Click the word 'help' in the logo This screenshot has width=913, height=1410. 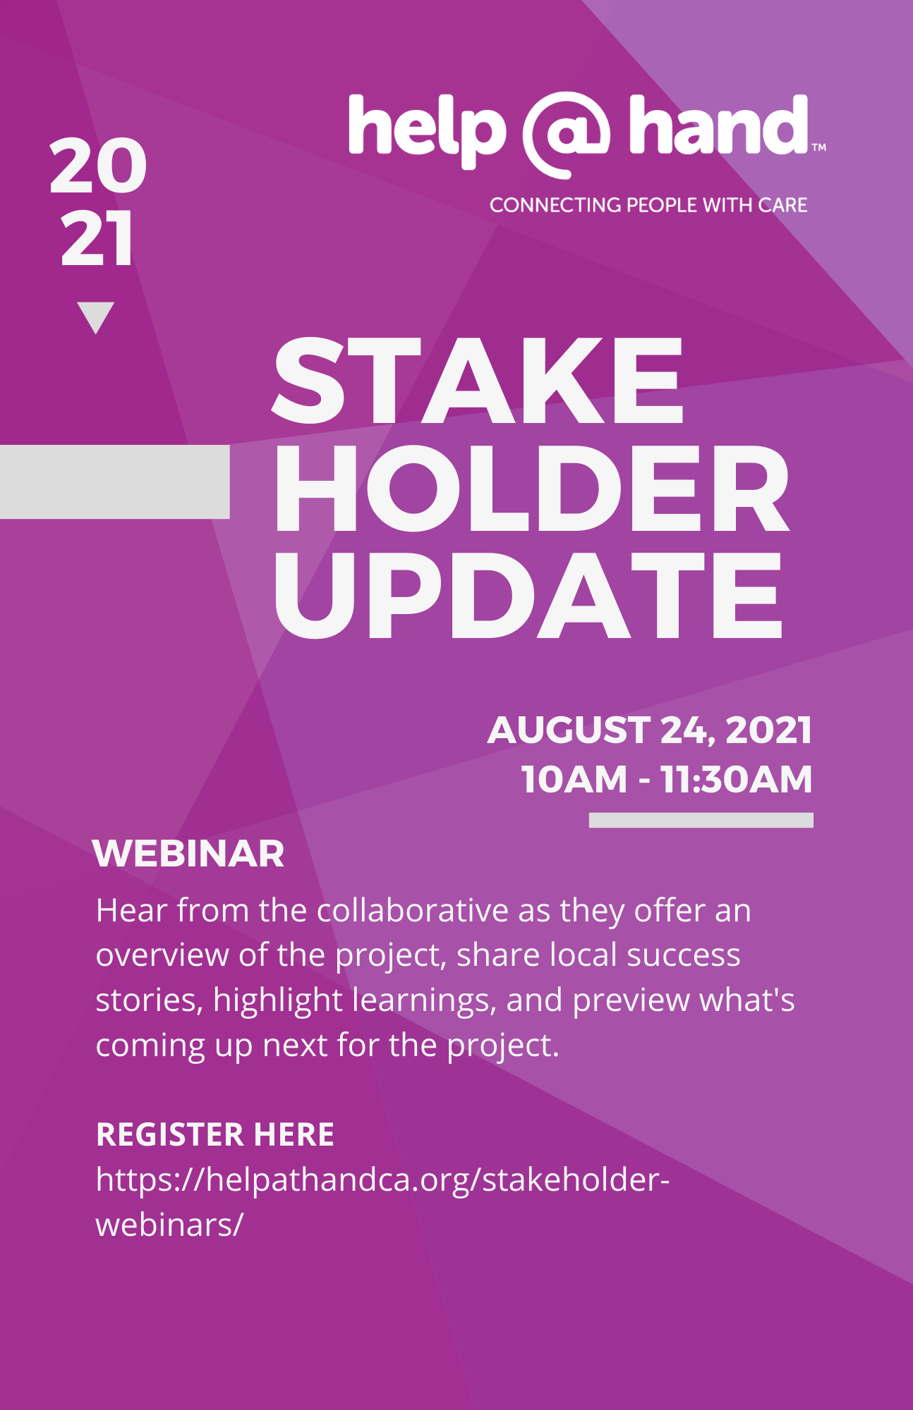(x=427, y=131)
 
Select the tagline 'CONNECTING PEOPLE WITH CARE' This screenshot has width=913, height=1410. (x=648, y=205)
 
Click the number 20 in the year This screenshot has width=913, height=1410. (x=98, y=166)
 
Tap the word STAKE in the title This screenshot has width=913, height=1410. (x=478, y=381)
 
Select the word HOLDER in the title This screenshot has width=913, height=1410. (x=531, y=488)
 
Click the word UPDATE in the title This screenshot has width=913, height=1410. (x=528, y=596)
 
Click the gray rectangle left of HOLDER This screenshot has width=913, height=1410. (x=115, y=482)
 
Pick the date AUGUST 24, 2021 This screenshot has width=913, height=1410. (x=649, y=730)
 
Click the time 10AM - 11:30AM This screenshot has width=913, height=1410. (x=667, y=779)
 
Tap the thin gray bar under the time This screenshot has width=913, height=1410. (x=701, y=820)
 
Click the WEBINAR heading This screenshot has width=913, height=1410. (x=188, y=854)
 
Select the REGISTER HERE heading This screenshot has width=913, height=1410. (x=215, y=1134)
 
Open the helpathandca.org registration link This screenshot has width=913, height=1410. (x=382, y=1202)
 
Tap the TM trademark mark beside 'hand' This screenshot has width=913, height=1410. (x=818, y=147)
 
